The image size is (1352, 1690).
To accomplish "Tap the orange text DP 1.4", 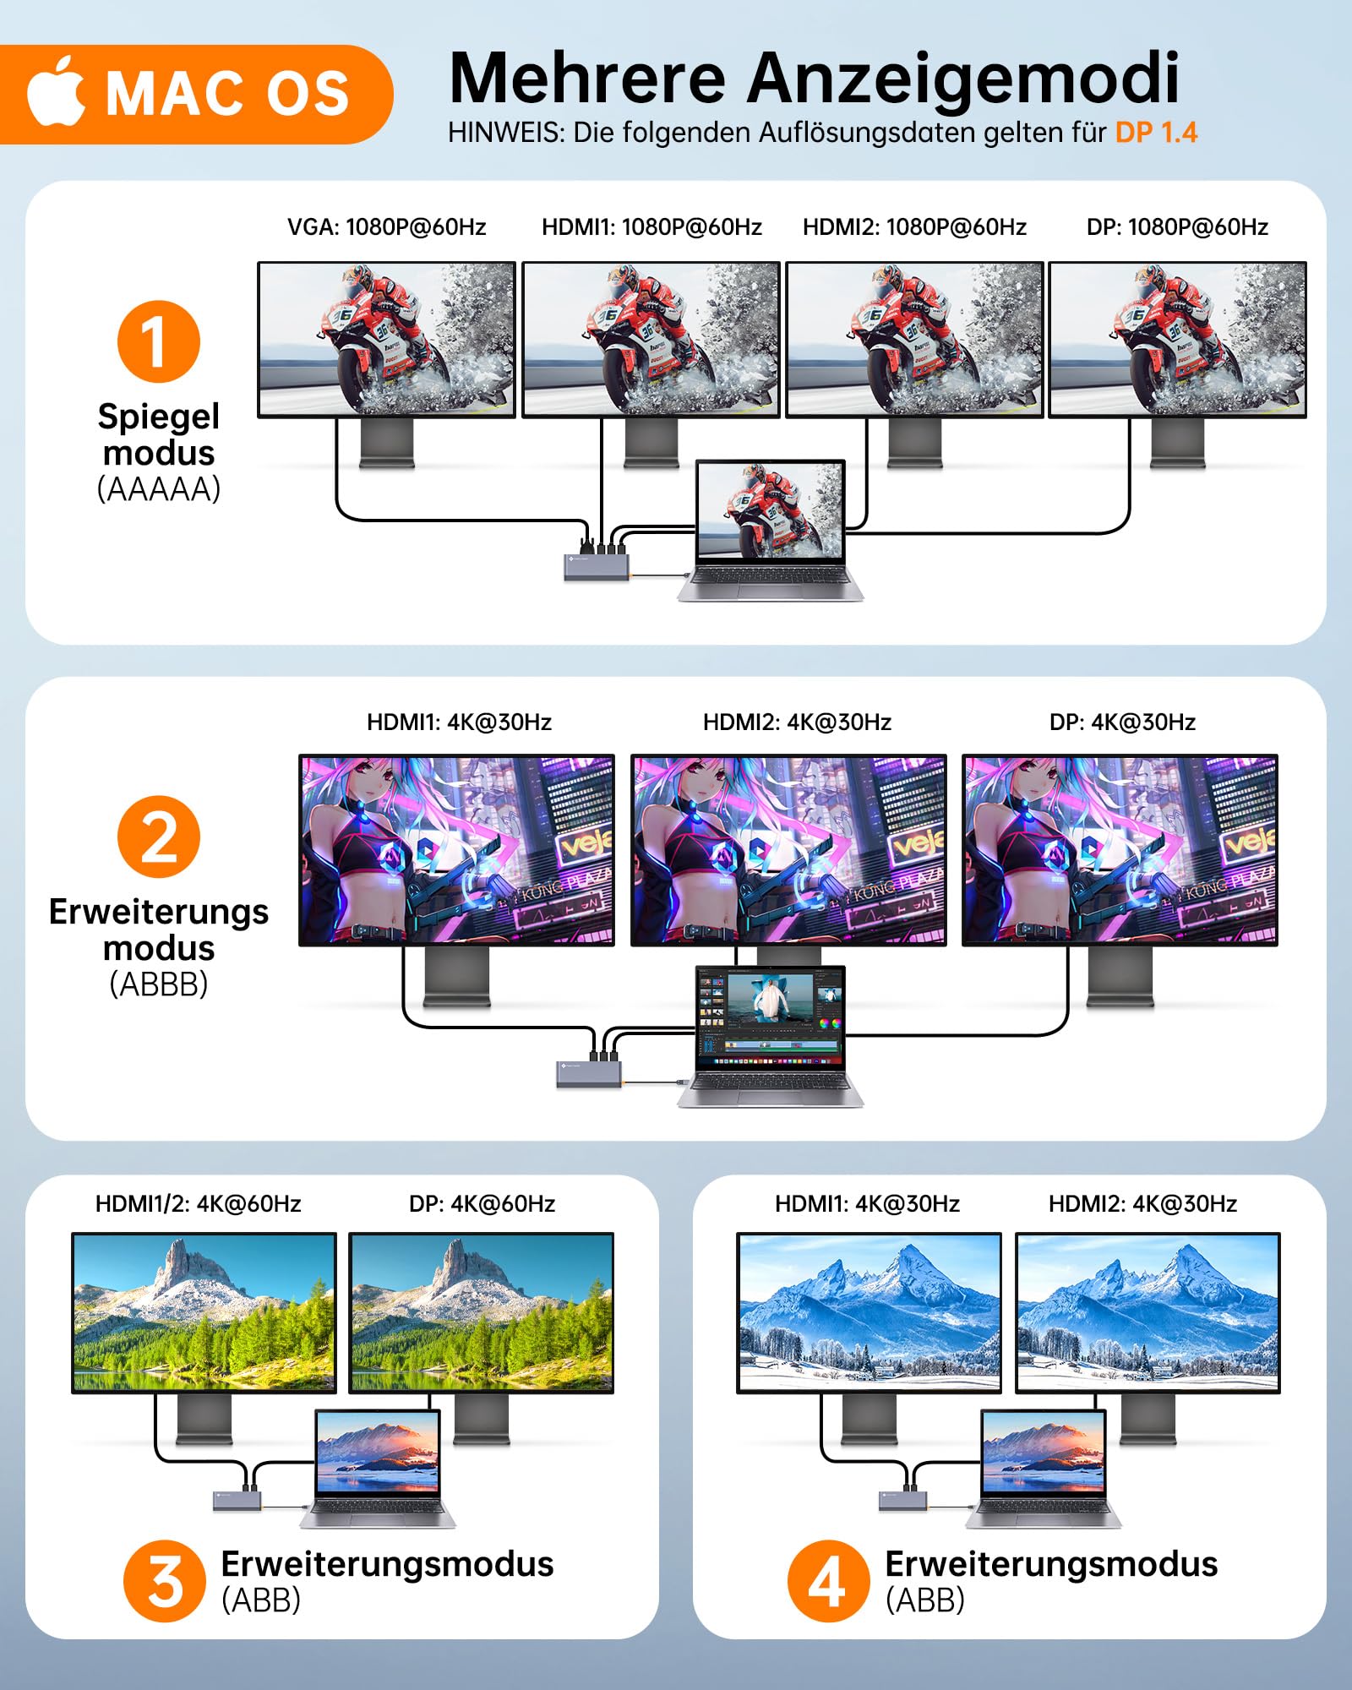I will [1156, 133].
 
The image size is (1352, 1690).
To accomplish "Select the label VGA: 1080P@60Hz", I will [386, 226].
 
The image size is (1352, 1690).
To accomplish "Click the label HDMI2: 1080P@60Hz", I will [914, 226].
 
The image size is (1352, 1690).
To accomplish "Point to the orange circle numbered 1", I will [159, 341].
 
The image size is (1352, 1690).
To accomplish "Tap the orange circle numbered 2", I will [159, 837].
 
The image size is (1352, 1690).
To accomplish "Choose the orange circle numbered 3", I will [165, 1581].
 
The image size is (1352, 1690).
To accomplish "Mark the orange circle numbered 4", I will [828, 1581].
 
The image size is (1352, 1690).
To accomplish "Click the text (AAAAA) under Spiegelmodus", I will [159, 489].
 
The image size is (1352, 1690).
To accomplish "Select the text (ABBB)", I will [159, 984].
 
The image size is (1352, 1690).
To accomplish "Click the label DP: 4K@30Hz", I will [1122, 722].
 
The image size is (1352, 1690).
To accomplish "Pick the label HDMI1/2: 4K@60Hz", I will [198, 1203].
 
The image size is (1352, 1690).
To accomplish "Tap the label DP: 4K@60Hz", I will [482, 1203].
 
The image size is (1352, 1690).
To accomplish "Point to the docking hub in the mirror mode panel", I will [597, 565].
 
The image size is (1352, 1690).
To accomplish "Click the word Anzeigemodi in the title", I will [962, 78].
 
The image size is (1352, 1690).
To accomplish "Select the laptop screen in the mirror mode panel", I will [770, 510].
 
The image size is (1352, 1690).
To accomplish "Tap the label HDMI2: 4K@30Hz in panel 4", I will [1142, 1203].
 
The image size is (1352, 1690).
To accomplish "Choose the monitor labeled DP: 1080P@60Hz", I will [1177, 339].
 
